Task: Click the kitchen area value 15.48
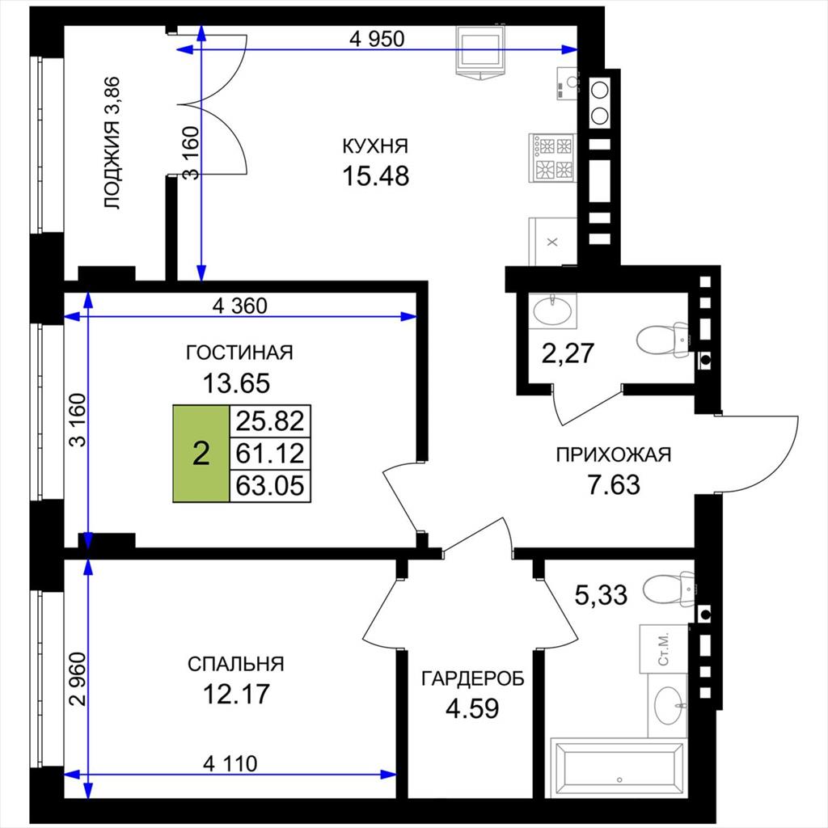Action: (375, 175)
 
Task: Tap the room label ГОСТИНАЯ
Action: (239, 353)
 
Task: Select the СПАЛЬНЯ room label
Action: (235, 664)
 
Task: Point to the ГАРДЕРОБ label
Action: (472, 678)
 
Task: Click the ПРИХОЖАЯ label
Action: (614, 454)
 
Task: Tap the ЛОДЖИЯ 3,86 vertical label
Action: (112, 143)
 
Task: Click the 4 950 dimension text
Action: (377, 39)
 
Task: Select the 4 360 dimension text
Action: (239, 305)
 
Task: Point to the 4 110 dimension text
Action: (230, 763)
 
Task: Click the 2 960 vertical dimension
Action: (78, 679)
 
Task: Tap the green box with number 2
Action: (201, 454)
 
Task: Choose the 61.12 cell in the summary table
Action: (270, 453)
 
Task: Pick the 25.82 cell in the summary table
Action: (270, 421)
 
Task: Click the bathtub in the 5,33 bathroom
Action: (618, 767)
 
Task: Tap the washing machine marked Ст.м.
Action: (664, 649)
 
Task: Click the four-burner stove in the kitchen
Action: (553, 158)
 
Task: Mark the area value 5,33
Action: (601, 594)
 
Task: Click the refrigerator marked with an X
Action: (552, 242)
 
